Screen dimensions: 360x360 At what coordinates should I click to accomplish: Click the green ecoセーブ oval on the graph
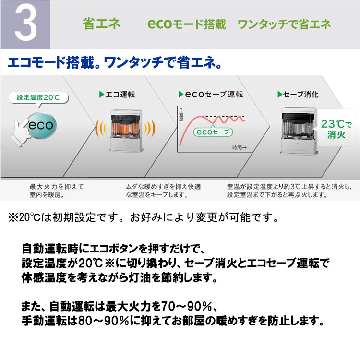coord(213,132)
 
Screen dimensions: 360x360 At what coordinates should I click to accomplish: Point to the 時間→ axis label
coord(239,147)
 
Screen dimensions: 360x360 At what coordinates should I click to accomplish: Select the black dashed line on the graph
coord(225,116)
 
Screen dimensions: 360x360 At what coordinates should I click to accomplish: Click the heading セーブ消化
coord(298,94)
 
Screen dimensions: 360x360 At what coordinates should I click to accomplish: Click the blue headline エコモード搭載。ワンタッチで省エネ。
coord(115,63)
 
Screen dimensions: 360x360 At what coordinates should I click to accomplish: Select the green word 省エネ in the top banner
coord(101,24)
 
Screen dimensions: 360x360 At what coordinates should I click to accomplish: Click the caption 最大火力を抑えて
coord(57,187)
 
